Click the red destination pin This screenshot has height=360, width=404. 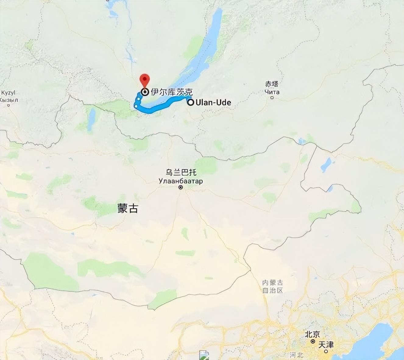pos(145,80)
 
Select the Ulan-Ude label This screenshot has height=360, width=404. pos(213,102)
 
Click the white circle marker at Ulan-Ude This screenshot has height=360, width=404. pos(190,102)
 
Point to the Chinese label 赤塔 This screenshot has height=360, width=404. pos(272,84)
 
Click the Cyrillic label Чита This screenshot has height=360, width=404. pos(272,92)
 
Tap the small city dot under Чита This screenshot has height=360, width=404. pos(272,98)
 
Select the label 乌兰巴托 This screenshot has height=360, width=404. pos(181,172)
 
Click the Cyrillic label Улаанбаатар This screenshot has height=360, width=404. pos(181,181)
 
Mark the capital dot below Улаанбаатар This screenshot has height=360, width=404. pos(181,187)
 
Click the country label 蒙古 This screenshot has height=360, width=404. pos(128,208)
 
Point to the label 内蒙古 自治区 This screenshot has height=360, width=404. pos(273,287)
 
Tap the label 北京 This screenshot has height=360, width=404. pos(313,334)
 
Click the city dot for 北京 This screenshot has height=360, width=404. pos(313,341)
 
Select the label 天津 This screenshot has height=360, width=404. pos(326,345)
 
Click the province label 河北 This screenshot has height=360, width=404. pos(296,355)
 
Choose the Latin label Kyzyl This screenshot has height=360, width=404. pos(8,93)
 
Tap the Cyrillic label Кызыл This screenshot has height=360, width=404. pos(9,100)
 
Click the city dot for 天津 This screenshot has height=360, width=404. pos(326,351)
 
